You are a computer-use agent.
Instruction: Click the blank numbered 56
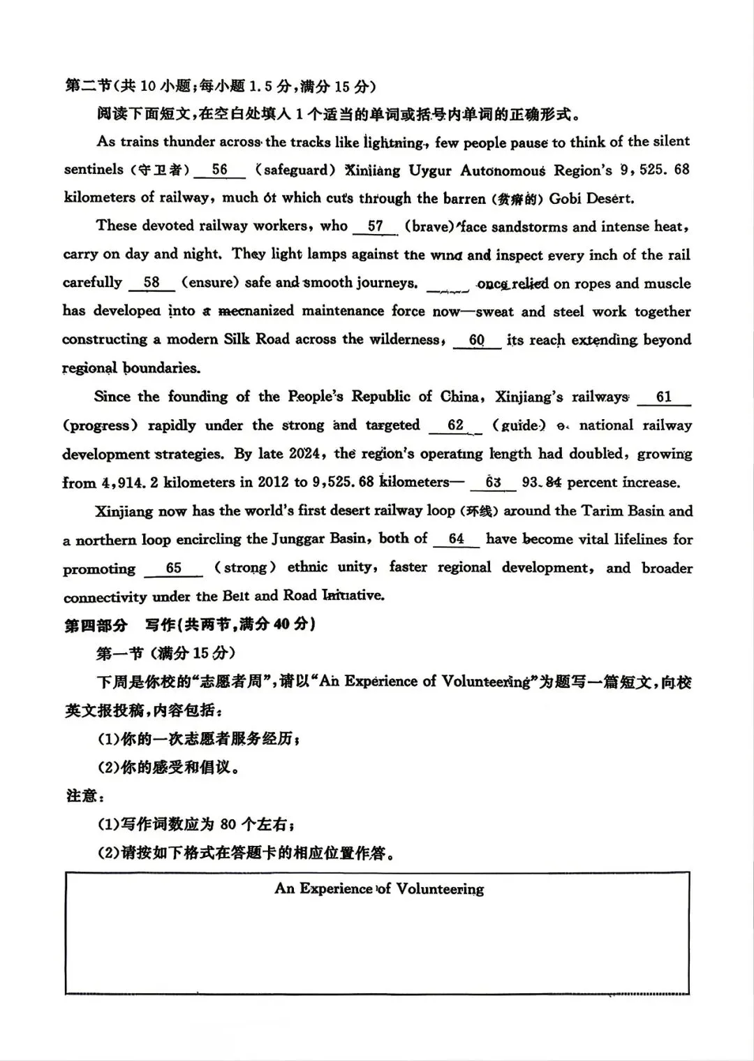[x=219, y=170]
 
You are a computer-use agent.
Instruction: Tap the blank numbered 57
[x=375, y=227]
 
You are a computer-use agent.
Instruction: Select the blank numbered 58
[x=151, y=284]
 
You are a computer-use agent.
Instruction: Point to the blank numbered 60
[x=477, y=341]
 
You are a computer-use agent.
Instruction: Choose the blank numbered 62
[x=455, y=426]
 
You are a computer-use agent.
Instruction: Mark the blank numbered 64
[x=456, y=539]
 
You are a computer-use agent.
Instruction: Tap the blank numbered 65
[x=173, y=569]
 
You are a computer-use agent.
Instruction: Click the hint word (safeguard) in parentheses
[x=291, y=170]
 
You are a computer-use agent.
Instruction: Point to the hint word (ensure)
[x=210, y=283]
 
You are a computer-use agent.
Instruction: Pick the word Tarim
[x=600, y=511]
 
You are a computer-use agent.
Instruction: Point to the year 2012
[x=274, y=483]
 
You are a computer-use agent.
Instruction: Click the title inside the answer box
[x=379, y=889]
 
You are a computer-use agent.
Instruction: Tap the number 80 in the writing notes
[x=228, y=824]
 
